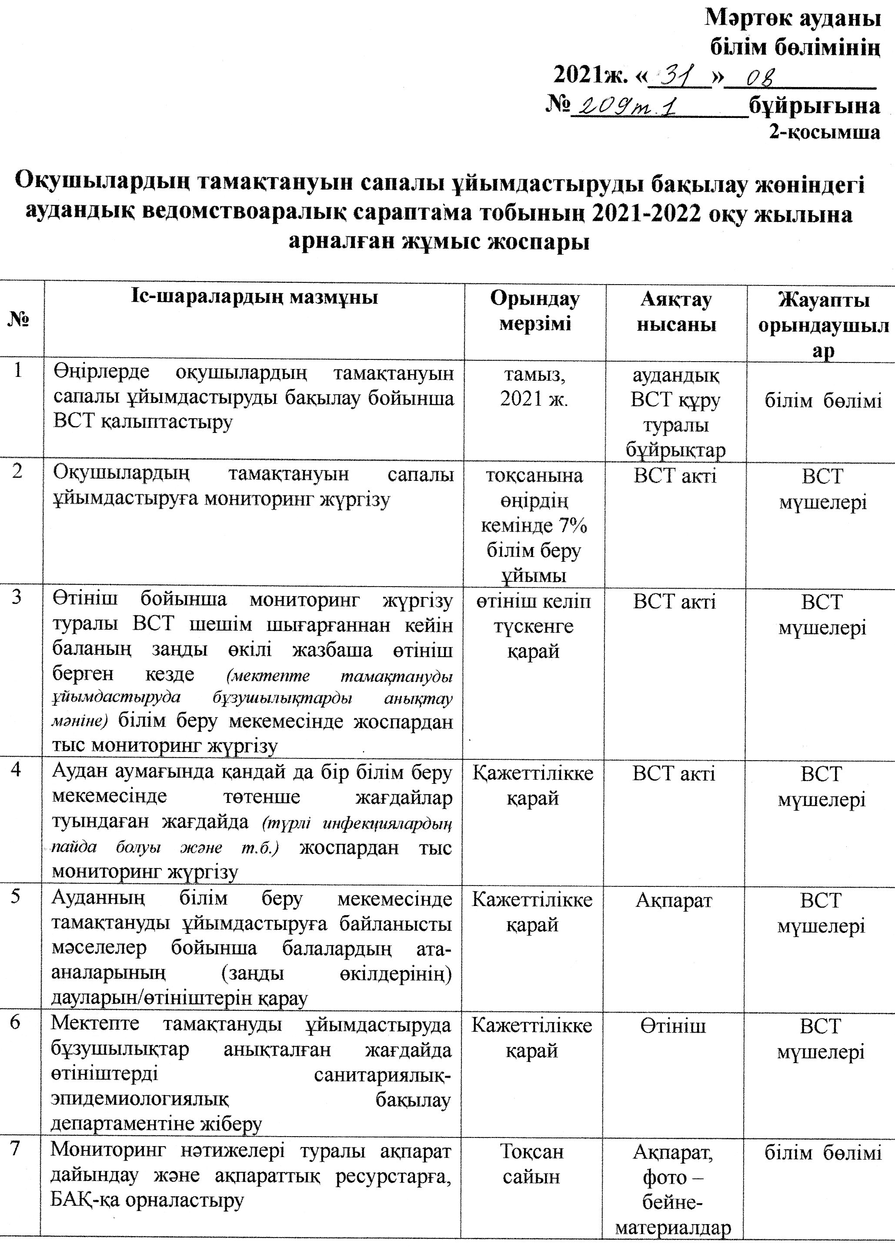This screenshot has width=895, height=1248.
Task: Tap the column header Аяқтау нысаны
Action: tap(676, 312)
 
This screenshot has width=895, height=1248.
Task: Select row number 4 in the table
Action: tap(17, 769)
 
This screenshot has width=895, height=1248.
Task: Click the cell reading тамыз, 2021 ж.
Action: tap(534, 387)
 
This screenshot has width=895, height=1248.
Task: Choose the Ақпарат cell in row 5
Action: tap(674, 901)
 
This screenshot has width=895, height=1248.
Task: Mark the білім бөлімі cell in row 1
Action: tap(823, 401)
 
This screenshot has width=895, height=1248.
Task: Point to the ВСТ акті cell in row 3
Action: tap(675, 602)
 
